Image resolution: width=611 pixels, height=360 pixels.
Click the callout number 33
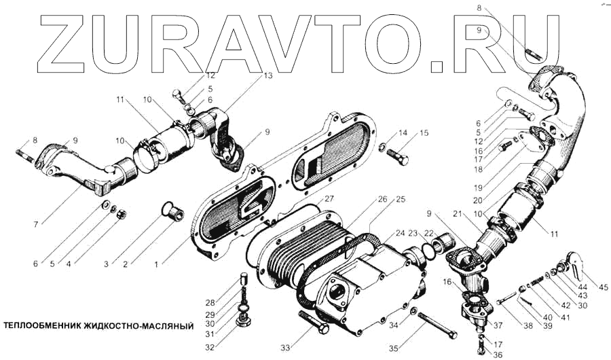click(x=286, y=348)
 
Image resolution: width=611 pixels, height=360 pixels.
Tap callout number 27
click(x=329, y=199)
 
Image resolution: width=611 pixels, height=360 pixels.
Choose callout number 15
click(x=424, y=133)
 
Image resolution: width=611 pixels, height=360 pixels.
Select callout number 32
click(x=210, y=347)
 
